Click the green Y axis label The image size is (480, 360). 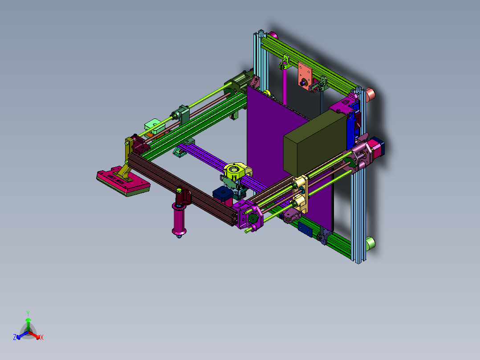28,313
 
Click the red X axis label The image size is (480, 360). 42,338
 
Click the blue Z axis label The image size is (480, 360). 15,338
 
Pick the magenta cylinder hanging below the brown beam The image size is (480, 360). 180,218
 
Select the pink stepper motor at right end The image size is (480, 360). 378,149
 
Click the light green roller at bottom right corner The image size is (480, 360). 370,243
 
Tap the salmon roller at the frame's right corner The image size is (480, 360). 370,94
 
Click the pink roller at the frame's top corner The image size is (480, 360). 273,35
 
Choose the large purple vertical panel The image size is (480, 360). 267,147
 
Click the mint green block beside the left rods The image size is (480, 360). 153,124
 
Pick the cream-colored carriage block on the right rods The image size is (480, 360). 300,192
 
